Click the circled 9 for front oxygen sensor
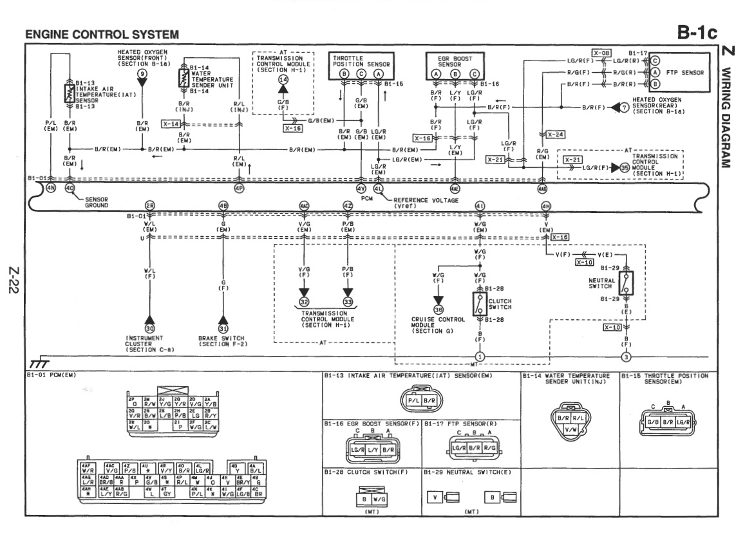[143, 74]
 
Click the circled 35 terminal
[624, 167]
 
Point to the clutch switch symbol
[480, 304]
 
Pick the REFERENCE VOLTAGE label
[427, 201]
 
